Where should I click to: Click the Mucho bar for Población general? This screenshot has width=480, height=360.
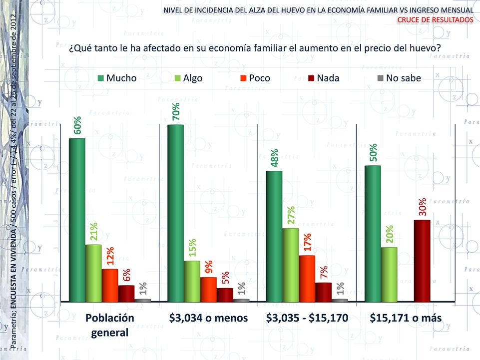(77, 220)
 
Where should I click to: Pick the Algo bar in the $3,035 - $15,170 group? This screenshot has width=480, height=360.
(291, 265)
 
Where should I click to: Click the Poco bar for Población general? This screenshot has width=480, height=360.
(110, 285)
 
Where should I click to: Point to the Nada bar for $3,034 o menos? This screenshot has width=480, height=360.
(225, 295)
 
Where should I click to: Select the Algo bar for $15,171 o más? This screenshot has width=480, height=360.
(389, 274)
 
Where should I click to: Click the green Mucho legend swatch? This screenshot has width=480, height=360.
(100, 78)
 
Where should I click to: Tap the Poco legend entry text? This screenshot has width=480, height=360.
(259, 78)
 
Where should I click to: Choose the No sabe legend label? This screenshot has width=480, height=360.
(404, 78)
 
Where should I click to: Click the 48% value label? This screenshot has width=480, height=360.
(275, 158)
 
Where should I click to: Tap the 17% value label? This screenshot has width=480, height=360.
(307, 243)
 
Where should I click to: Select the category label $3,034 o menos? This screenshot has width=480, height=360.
(208, 318)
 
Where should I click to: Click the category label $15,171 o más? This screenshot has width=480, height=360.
(406, 318)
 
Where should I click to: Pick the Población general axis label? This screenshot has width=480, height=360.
(110, 325)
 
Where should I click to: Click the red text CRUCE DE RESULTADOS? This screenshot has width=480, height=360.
(435, 19)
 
